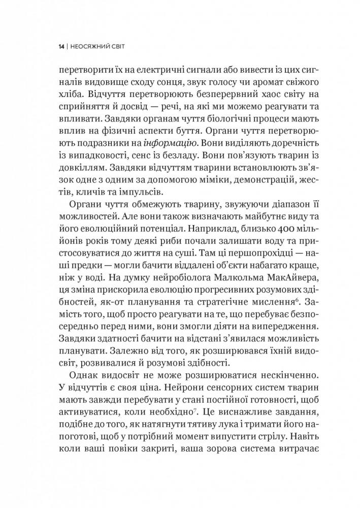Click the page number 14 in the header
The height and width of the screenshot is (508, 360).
(x=61, y=46)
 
